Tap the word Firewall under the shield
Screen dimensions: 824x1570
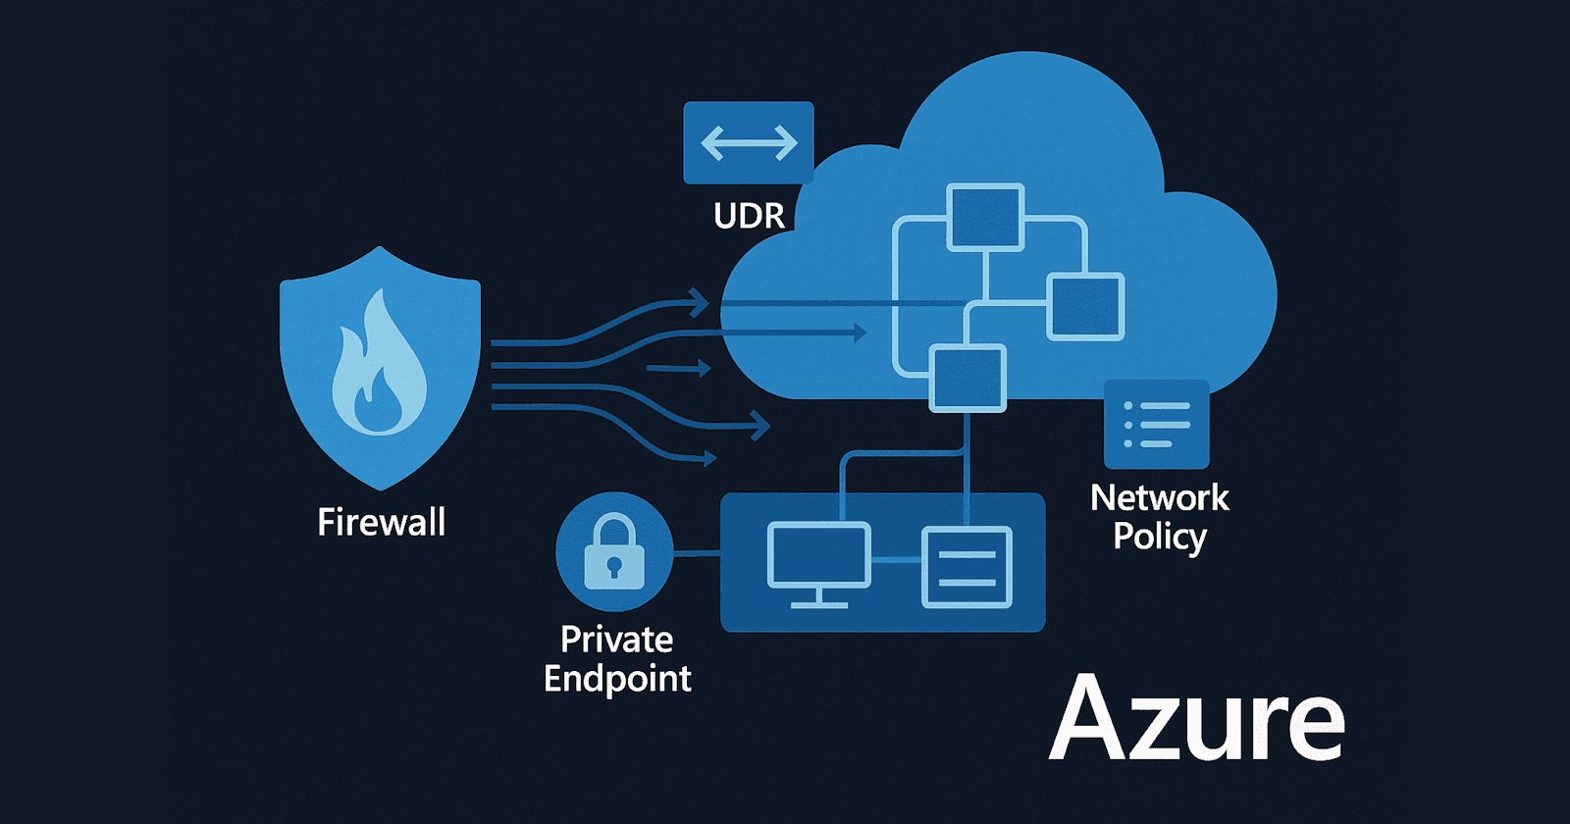[x=381, y=522]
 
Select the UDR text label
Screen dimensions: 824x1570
[x=749, y=216]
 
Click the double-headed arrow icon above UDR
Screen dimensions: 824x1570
[x=749, y=143]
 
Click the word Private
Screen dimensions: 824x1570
[x=616, y=640]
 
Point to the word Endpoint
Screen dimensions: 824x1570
[x=617, y=679]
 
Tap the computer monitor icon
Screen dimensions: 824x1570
[x=818, y=559]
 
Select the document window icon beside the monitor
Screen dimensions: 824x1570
[x=967, y=567]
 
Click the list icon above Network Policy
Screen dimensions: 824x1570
[x=1156, y=425]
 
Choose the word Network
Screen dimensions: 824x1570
[x=1159, y=498]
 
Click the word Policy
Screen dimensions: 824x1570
[x=1159, y=537]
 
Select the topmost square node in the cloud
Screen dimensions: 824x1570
[x=985, y=217]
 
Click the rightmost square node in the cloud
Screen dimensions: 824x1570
[x=1085, y=307]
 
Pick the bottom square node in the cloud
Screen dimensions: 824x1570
[x=968, y=378]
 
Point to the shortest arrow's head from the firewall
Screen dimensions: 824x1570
[x=704, y=369]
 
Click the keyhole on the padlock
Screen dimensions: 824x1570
[x=614, y=567]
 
